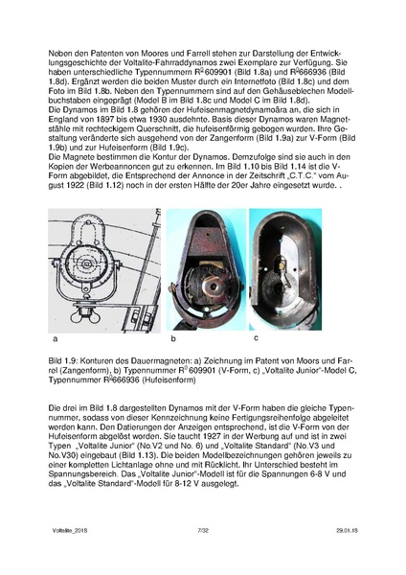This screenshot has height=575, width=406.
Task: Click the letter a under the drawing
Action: click(x=55, y=340)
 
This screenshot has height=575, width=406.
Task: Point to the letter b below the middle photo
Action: click(x=173, y=340)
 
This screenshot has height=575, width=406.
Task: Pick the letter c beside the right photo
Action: click(x=257, y=337)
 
